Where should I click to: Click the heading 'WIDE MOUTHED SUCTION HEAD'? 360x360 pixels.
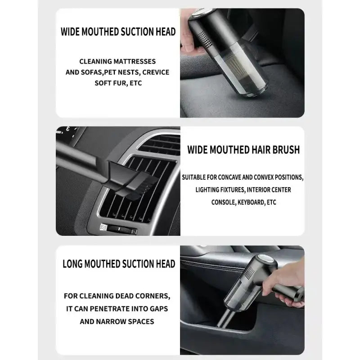(x=118, y=32)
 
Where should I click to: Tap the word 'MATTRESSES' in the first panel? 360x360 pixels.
(x=136, y=61)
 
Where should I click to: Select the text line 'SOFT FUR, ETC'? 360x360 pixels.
(x=118, y=83)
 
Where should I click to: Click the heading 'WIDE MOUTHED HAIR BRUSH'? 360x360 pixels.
(x=243, y=150)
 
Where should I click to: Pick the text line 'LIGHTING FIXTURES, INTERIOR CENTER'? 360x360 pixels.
(x=243, y=189)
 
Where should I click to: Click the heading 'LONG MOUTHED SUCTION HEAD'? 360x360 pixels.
(x=118, y=263)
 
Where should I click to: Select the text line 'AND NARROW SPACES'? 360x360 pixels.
(x=117, y=321)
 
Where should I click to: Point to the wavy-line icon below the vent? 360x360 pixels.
(x=103, y=227)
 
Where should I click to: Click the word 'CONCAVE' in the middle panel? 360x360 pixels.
(x=234, y=177)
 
